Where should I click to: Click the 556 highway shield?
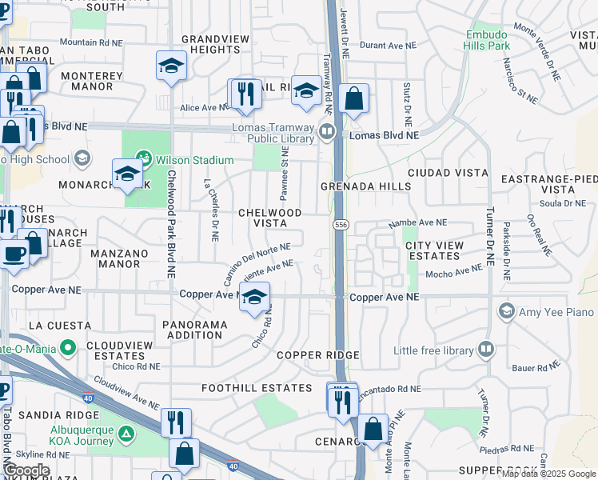341,225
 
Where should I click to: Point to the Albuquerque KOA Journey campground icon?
126,434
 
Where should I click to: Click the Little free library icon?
486,349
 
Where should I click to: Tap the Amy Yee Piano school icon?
505,310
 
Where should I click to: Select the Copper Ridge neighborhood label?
317,354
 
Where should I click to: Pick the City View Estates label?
433,250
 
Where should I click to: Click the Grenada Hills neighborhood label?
365,186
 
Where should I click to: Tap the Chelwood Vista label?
271,218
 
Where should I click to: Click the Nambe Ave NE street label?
417,222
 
